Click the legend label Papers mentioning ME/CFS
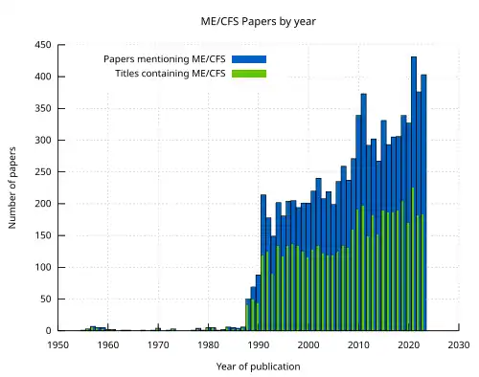pos(165,59)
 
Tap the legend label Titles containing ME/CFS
pos(170,73)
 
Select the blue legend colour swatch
pos(248,59)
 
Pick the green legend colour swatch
pos(248,73)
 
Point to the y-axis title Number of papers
pos(12,188)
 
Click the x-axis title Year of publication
pos(258,366)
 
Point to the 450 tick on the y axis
pos(42,45)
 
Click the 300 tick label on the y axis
pos(42,141)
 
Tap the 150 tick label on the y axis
pos(42,235)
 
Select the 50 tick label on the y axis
pos(45,299)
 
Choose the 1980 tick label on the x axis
pos(208,344)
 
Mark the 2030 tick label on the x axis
pos(458,344)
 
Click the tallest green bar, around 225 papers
pos(413,258)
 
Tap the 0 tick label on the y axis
pos(48,331)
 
